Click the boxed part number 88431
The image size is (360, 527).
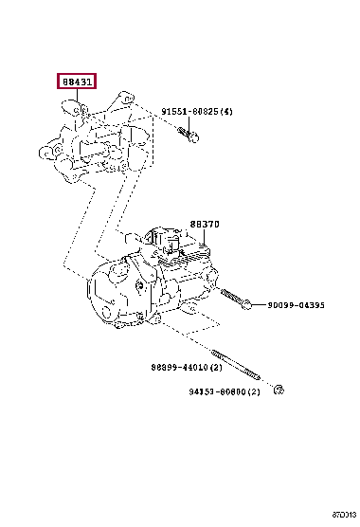pyautogui.click(x=77, y=82)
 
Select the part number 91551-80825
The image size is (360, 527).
pyautogui.click(x=190, y=111)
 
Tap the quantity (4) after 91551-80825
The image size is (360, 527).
pyautogui.click(x=226, y=111)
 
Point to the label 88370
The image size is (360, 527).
pyautogui.click(x=205, y=224)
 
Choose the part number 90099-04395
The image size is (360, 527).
pyautogui.click(x=296, y=305)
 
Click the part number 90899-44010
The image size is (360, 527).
pyautogui.click(x=180, y=368)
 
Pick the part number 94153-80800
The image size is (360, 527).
pyautogui.click(x=217, y=391)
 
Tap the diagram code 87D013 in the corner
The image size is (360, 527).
pyautogui.click(x=344, y=515)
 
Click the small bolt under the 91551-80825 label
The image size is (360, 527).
pyautogui.click(x=189, y=134)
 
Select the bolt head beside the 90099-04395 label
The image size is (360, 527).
pyautogui.click(x=246, y=305)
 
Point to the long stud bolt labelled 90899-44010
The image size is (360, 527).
pyautogui.click(x=236, y=365)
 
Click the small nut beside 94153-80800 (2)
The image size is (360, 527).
pyautogui.click(x=279, y=390)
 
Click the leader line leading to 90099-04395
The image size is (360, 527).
pyautogui.click(x=260, y=305)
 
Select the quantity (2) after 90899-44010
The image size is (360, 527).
pyautogui.click(x=216, y=368)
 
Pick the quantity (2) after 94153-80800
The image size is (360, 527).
pyautogui.click(x=254, y=391)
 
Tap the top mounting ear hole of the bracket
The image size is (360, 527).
pyautogui.click(x=127, y=99)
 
